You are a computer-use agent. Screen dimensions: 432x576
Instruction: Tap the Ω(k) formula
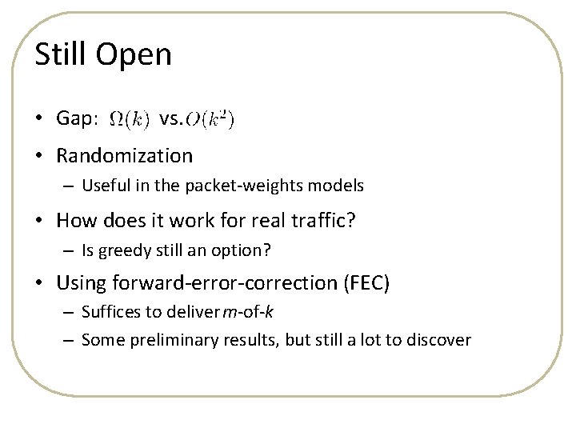coord(127,120)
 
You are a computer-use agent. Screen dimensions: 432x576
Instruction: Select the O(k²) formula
coord(210,120)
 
